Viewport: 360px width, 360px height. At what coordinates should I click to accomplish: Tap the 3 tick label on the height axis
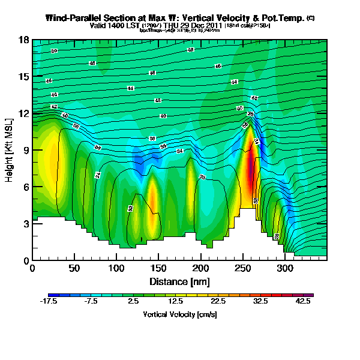click(x=26, y=224)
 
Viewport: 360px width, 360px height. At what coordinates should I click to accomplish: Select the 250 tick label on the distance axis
click(x=158, y=268)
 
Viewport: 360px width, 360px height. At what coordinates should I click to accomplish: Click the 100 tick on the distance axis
click(x=74, y=268)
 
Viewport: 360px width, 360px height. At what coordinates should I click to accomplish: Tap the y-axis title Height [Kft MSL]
click(x=10, y=150)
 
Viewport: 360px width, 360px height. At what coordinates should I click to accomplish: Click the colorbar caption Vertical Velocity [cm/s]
click(x=180, y=314)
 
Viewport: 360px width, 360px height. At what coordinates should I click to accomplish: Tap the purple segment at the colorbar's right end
click(x=310, y=295)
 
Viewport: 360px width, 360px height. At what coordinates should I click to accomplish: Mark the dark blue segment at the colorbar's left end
click(x=52, y=295)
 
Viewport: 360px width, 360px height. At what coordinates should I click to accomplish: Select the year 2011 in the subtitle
click(x=214, y=26)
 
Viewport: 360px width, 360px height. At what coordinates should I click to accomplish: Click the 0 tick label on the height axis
click(x=26, y=261)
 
